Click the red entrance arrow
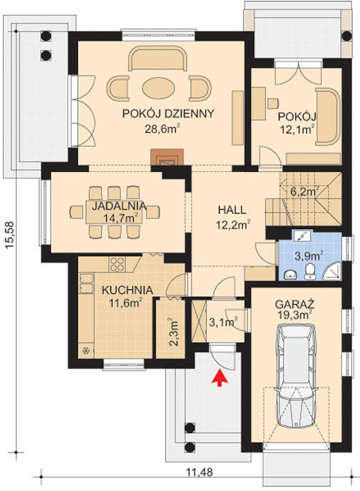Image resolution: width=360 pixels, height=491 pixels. pyautogui.click(x=221, y=378)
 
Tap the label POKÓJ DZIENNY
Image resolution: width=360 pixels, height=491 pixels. pyautogui.click(x=169, y=113)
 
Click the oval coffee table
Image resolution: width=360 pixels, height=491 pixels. pyautogui.click(x=159, y=88)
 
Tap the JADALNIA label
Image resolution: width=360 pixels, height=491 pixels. pyautogui.click(x=119, y=206)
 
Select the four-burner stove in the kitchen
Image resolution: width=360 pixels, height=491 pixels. pyautogui.click(x=117, y=264)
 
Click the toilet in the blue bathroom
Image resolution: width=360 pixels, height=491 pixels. pyautogui.click(x=311, y=271)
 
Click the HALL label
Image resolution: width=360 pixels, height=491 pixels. pyautogui.click(x=232, y=210)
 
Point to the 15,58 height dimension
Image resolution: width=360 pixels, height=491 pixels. pyautogui.click(x=10, y=236)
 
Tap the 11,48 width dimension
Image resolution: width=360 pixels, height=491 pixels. pyautogui.click(x=200, y=472)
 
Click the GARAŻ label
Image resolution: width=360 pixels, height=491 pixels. pyautogui.click(x=295, y=304)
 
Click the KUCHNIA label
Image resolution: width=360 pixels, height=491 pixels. pyautogui.click(x=127, y=290)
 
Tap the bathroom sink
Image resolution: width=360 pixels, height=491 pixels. pyautogui.click(x=291, y=275)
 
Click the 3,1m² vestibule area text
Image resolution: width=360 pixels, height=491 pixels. pyautogui.click(x=223, y=322)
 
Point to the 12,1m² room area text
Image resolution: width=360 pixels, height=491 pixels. pyautogui.click(x=297, y=128)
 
